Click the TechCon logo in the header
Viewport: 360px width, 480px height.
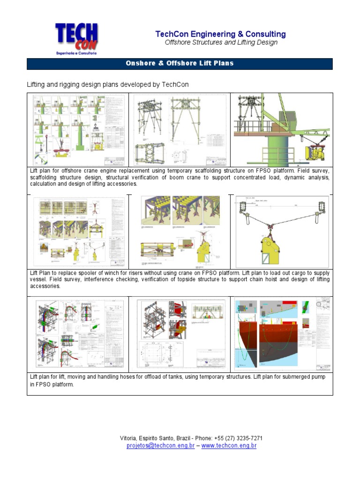[x=76, y=37]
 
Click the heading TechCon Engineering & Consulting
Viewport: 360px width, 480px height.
[x=220, y=34]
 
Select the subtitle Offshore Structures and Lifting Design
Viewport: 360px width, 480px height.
[x=221, y=43]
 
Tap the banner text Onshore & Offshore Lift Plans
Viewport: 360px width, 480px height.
[x=180, y=63]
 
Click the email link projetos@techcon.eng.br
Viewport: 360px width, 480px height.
[x=160, y=446]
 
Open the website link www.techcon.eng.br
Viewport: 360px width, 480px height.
[x=229, y=446]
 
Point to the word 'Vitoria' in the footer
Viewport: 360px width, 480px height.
[x=129, y=438]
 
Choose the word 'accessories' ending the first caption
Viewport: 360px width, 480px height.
[x=121, y=185]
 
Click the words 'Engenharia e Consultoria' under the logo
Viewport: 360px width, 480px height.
[x=76, y=53]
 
